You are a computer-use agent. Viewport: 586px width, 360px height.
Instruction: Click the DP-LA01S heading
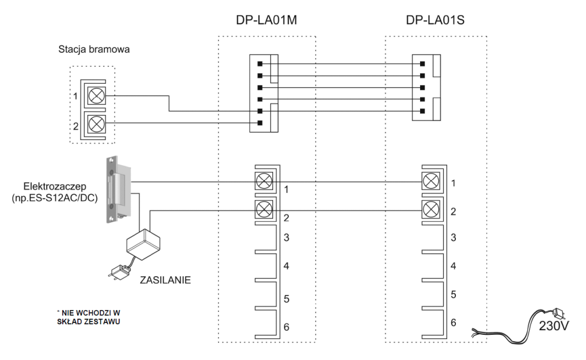coord(435,21)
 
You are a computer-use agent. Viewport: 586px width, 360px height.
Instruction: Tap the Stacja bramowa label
coord(94,50)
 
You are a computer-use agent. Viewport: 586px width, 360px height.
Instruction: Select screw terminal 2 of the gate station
coord(97,123)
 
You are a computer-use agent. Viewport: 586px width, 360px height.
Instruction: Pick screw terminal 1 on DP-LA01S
coord(431,182)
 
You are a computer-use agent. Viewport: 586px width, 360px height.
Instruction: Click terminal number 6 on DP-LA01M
coord(286,327)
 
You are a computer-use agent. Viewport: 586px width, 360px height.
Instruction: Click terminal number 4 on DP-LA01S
coord(454,266)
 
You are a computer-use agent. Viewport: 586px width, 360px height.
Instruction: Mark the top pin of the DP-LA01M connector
coord(260,63)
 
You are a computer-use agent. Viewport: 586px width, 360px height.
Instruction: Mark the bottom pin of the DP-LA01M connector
coord(260,123)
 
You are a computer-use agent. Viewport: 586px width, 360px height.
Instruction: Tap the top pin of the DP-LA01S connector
coord(423,63)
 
